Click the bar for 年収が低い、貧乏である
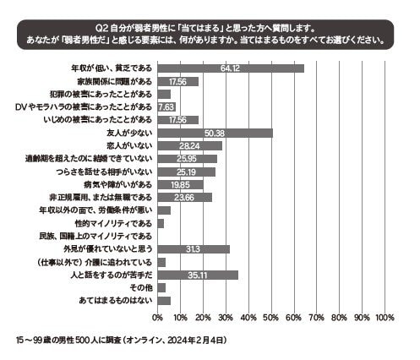point(230,68)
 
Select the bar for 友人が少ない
point(215,133)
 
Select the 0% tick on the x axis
point(158,317)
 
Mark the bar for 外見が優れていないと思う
point(194,248)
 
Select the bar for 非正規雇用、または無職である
point(184,197)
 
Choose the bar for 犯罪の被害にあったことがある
point(164,94)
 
